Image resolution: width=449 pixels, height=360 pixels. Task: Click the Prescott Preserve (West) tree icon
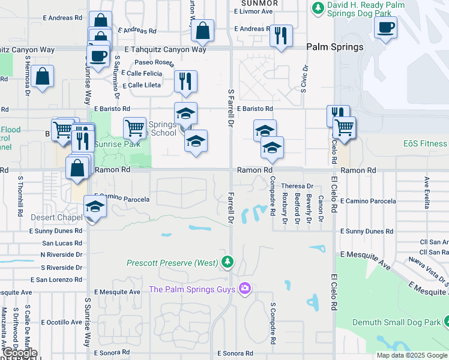[227, 262]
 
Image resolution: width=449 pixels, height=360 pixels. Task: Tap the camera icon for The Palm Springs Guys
[244, 289]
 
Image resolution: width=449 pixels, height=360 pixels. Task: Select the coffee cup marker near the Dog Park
[385, 28]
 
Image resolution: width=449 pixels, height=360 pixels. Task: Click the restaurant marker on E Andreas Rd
[281, 36]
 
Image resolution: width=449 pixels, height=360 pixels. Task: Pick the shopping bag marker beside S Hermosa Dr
[43, 77]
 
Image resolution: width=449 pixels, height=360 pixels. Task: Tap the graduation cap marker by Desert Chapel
[94, 207]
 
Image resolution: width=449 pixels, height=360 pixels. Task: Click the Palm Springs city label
[334, 47]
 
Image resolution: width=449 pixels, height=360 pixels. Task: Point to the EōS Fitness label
[425, 143]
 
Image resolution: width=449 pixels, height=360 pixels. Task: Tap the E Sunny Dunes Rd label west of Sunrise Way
[55, 230]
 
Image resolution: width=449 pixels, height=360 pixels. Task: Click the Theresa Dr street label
[297, 187]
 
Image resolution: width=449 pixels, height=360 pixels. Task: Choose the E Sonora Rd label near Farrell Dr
[235, 354]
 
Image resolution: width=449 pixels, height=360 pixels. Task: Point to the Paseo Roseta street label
[154, 62]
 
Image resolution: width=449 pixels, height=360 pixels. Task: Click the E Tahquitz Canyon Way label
[165, 50]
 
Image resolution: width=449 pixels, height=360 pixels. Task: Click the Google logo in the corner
[19, 353]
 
